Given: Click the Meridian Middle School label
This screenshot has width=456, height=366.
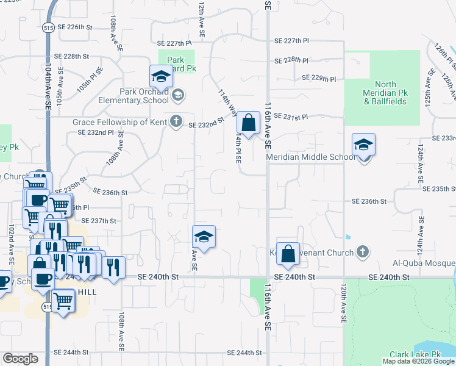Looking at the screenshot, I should click(x=310, y=157).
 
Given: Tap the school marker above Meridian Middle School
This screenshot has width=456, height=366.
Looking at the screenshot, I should click(x=363, y=146).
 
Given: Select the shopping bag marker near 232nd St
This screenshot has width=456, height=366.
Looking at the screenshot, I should click(x=248, y=123).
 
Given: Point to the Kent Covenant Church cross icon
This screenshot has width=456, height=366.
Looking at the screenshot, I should click(x=363, y=252).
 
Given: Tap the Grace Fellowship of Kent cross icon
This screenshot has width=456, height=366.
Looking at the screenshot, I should click(x=176, y=121).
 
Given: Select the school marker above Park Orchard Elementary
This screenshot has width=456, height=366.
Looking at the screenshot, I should click(x=161, y=77).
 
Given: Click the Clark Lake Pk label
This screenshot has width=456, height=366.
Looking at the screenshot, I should click(x=415, y=354).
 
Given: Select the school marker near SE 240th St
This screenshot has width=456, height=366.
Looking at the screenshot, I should click(x=204, y=237).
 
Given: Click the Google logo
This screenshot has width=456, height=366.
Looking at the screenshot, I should click(x=21, y=359).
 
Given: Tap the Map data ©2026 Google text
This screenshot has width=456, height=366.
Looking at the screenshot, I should click(x=418, y=361).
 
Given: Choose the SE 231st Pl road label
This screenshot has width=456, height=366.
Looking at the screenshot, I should click(x=291, y=116).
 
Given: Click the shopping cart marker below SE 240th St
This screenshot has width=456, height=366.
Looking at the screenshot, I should click(x=63, y=301).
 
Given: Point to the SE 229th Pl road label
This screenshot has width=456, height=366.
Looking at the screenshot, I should click(x=319, y=78).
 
